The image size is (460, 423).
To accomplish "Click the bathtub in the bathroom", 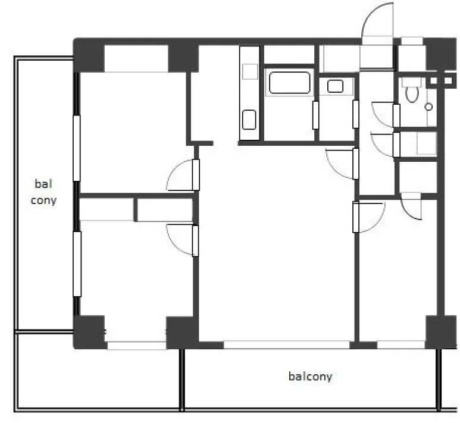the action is [289, 83].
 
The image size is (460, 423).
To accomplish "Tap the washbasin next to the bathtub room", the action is [335, 86].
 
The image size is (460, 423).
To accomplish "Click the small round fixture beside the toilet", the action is [428, 106].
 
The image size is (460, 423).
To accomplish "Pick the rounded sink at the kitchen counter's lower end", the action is [249, 120].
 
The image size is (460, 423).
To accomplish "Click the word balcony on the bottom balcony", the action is [311, 377].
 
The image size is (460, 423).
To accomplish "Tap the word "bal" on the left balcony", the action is [43, 184].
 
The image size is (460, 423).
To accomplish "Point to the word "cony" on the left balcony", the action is [43, 200].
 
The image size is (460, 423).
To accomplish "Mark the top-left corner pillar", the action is [89, 55].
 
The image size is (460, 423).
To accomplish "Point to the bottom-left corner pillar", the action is [89, 332].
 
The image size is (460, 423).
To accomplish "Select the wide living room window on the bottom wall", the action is [287, 344].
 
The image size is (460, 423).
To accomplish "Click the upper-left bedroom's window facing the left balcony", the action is [77, 148].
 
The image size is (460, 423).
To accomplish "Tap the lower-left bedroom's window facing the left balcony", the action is [77, 264].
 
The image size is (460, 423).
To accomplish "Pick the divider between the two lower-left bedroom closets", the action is [136, 209].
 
